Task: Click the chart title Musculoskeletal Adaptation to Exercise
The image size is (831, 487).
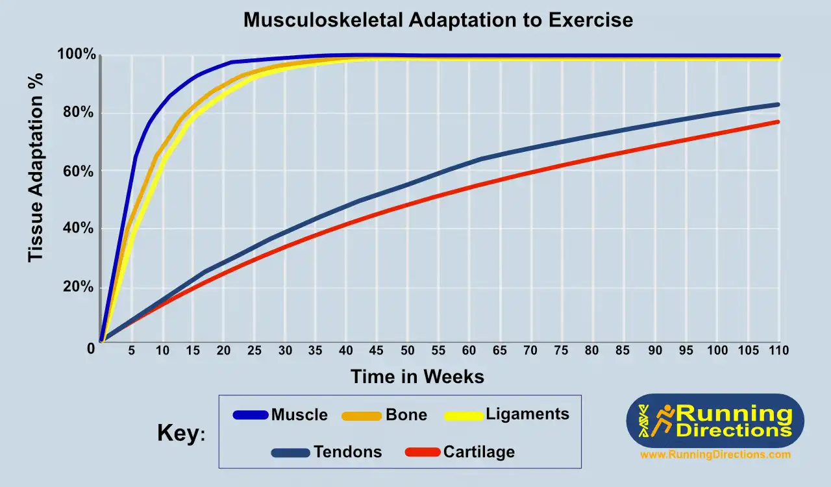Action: (438, 20)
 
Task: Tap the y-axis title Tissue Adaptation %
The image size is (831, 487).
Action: (36, 167)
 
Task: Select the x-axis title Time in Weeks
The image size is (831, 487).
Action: (417, 376)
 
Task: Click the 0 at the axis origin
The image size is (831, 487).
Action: (92, 349)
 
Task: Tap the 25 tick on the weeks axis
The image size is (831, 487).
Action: (254, 351)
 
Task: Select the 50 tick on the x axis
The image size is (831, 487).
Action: (407, 351)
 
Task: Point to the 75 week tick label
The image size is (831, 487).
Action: (561, 351)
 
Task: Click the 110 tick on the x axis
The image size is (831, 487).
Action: (778, 351)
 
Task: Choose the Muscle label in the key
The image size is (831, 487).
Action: (299, 414)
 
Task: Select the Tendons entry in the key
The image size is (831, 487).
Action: (348, 452)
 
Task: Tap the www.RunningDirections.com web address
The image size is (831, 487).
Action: (715, 455)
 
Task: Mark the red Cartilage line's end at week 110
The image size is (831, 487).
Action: (777, 122)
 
